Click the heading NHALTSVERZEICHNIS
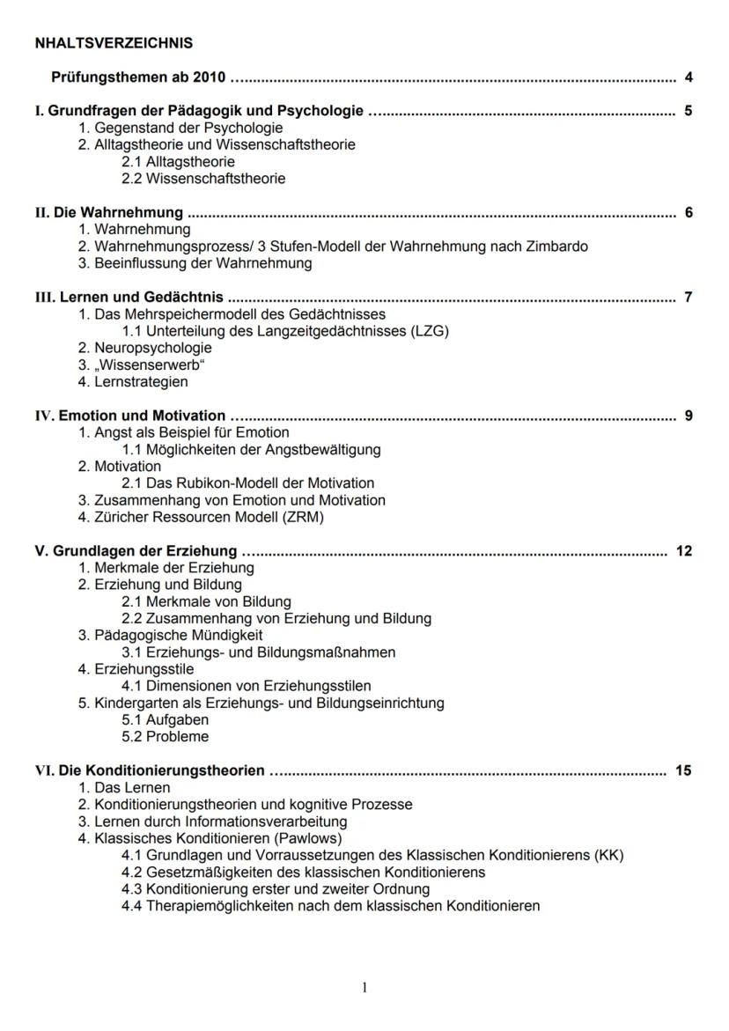point(114,42)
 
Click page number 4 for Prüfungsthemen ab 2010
point(688,77)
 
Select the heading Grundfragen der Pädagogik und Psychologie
point(204,111)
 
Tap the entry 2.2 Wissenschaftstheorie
point(203,179)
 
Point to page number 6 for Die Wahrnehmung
point(688,212)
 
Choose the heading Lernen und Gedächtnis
point(141,297)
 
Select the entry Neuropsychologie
point(152,348)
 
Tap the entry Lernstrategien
point(141,382)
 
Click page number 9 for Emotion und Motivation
point(688,416)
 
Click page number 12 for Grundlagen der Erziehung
point(684,551)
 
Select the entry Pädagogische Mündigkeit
point(178,635)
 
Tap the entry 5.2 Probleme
point(166,737)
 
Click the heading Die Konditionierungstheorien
point(161,770)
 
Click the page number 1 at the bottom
point(364,988)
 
